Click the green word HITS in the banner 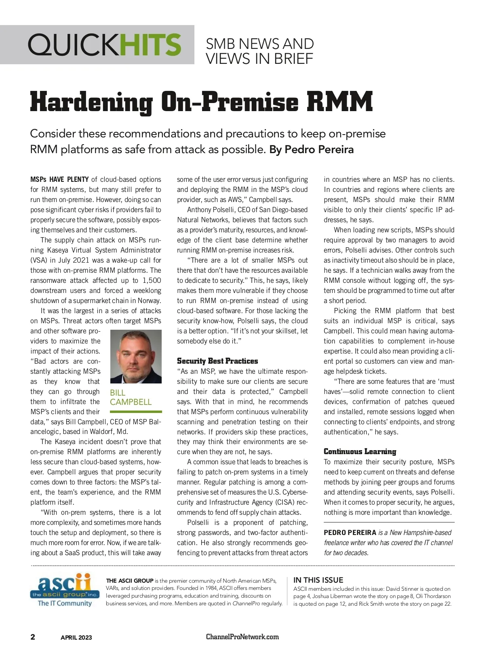click(x=150, y=44)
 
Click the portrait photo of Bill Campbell click(x=136, y=356)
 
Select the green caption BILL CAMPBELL click(x=131, y=397)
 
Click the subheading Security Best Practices click(x=217, y=361)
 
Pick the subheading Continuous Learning click(x=360, y=451)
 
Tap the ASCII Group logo click(x=65, y=590)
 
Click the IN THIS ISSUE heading click(x=318, y=580)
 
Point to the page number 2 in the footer click(x=33, y=637)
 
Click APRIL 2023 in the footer click(x=76, y=638)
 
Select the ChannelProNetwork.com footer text click(x=242, y=637)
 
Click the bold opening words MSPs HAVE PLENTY click(x=59, y=179)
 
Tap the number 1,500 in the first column click(x=152, y=280)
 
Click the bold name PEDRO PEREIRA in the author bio click(x=350, y=533)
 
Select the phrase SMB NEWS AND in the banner click(x=259, y=44)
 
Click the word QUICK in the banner click(x=73, y=44)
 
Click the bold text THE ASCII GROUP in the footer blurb click(x=129, y=581)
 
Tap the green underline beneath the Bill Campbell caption click(x=136, y=412)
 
